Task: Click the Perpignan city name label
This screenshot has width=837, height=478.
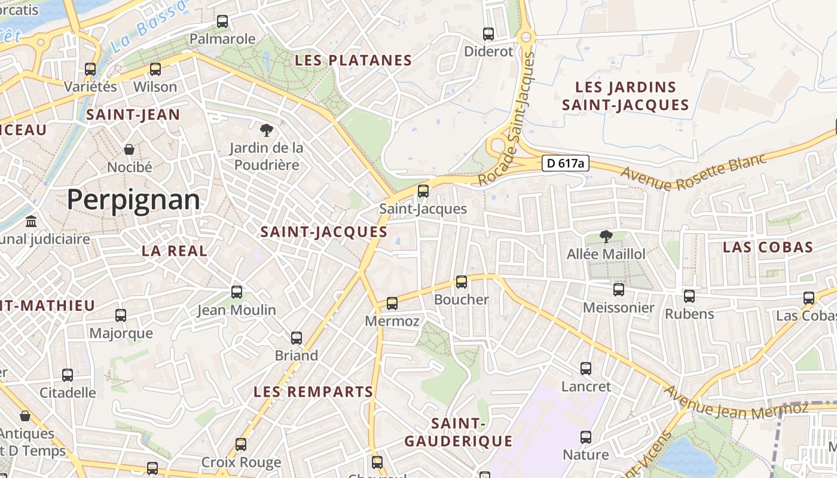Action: click(133, 199)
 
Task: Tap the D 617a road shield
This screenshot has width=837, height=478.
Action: click(566, 163)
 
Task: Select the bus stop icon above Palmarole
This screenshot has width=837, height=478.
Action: click(222, 22)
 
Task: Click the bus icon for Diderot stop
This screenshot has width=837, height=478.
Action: click(488, 34)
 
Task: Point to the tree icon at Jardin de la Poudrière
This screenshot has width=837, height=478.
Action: click(266, 130)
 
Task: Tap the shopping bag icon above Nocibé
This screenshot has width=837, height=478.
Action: click(129, 149)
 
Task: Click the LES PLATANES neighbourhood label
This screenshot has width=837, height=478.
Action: click(353, 60)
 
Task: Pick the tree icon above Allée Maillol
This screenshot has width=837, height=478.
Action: click(606, 237)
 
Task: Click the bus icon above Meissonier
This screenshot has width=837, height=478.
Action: click(619, 290)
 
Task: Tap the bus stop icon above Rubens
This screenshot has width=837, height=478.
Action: click(689, 296)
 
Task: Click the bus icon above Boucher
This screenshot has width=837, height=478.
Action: click(462, 282)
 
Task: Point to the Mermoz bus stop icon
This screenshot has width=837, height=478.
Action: click(392, 304)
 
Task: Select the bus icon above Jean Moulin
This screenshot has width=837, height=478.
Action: click(237, 292)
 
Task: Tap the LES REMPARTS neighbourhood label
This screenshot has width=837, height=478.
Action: click(313, 392)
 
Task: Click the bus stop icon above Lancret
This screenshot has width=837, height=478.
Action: click(586, 369)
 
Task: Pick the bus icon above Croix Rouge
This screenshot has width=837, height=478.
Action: click(241, 445)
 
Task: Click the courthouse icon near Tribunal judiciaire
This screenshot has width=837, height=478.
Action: click(31, 222)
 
